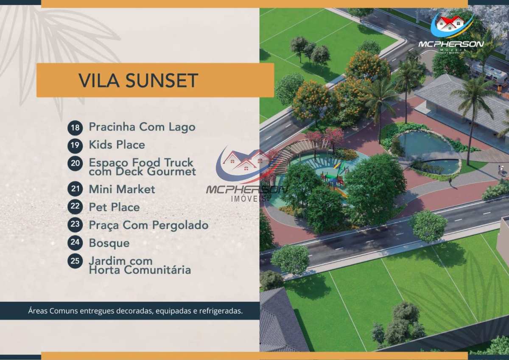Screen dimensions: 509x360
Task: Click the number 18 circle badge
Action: tap(75, 127)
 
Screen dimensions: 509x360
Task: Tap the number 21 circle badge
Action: tap(75, 188)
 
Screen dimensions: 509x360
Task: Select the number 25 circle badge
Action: tap(75, 261)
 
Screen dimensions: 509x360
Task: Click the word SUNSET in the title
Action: tap(162, 81)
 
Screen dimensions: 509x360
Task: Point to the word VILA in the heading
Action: tap(99, 81)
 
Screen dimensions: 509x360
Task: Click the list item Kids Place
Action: tap(117, 145)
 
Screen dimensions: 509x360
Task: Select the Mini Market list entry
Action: tap(122, 189)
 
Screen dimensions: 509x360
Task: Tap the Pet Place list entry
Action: tap(114, 207)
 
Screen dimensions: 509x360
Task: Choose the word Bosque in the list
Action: tap(109, 243)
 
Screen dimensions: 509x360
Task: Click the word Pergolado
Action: tap(180, 225)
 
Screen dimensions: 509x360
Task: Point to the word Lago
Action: tap(182, 127)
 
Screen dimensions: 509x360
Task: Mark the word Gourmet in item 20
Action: tap(171, 172)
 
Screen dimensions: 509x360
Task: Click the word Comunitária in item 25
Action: tap(157, 270)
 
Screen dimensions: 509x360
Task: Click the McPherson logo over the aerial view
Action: tap(451, 33)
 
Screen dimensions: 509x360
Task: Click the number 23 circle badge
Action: tap(75, 225)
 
